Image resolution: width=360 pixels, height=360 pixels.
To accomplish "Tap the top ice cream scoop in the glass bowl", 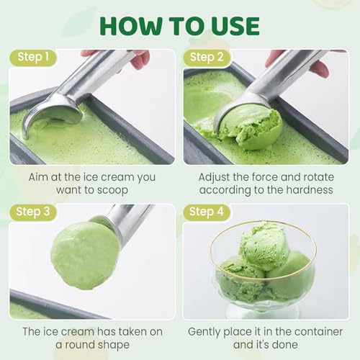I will point(263,245).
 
